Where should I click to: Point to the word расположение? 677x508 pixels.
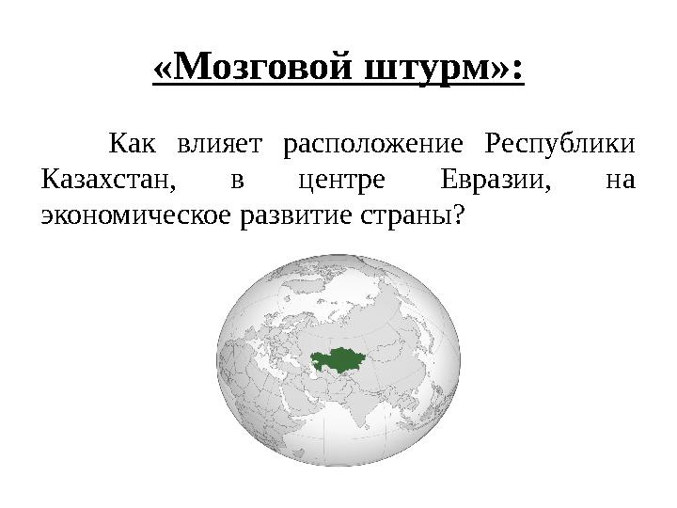tap(373, 145)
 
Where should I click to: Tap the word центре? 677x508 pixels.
tap(338, 179)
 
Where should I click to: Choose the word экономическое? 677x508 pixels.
tap(134, 214)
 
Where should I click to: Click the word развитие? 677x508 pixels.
tap(296, 214)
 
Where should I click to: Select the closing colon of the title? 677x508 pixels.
tap(517, 70)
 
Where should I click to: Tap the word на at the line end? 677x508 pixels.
tap(621, 179)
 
